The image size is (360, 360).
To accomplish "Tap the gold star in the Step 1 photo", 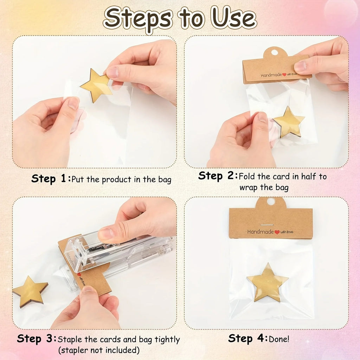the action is click(96, 85).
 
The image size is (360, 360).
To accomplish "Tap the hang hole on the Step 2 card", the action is click(275, 53).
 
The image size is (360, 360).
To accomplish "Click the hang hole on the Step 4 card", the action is click(271, 201).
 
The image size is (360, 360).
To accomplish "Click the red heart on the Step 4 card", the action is click(277, 232).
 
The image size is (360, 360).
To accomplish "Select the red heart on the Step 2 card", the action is click(284, 75).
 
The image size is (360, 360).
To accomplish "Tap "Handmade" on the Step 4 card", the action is click(261, 232).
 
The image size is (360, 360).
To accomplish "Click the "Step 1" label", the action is click(49, 179).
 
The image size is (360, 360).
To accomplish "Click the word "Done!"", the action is click(279, 339).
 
